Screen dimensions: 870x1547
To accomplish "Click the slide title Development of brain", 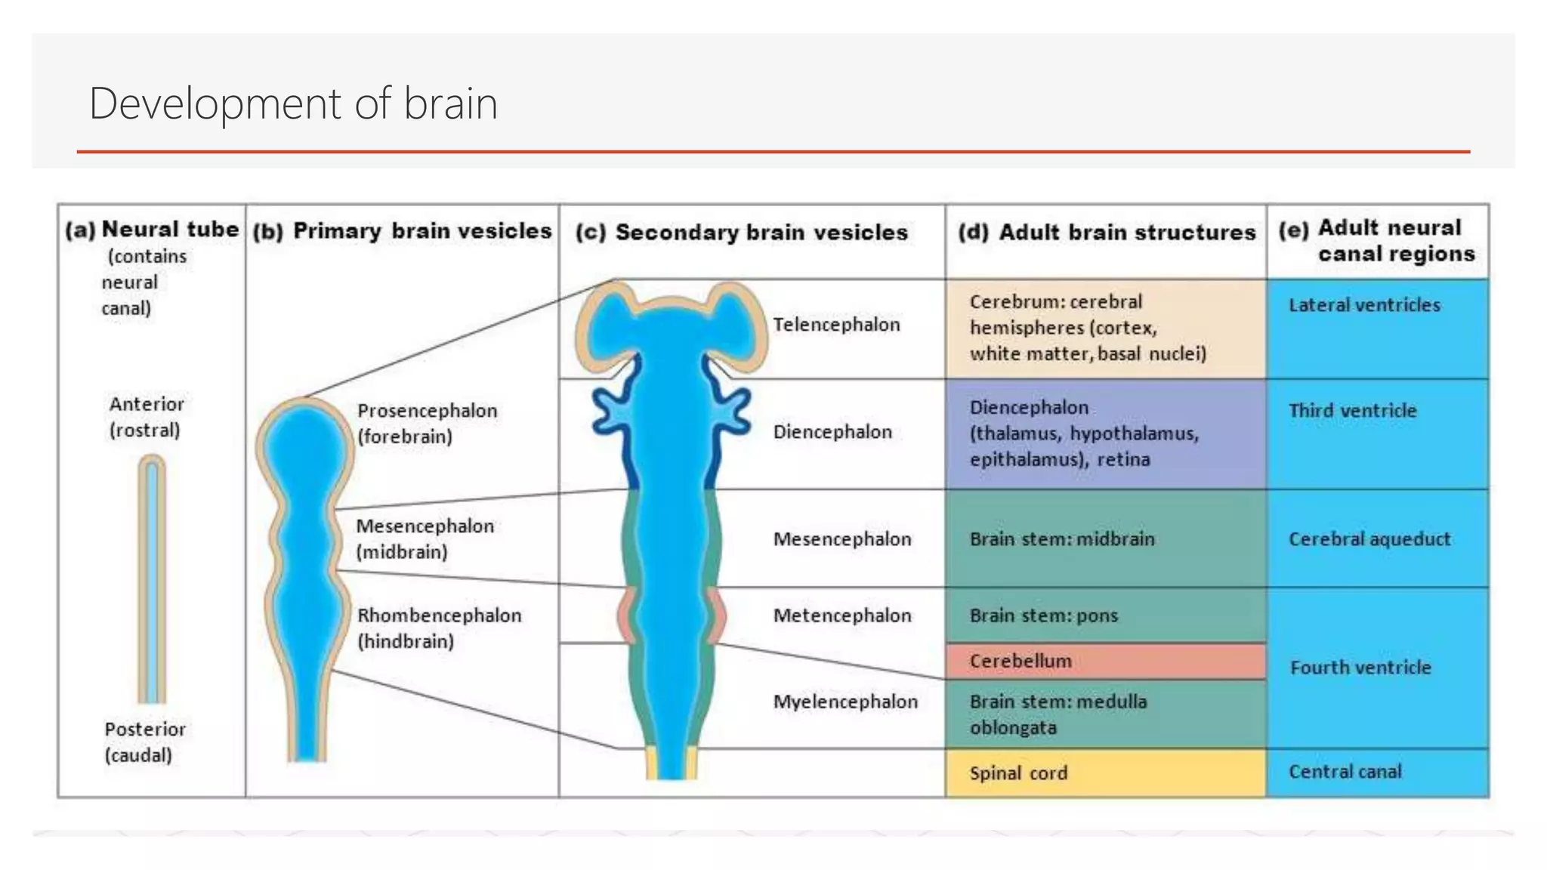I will pyautogui.click(x=293, y=103).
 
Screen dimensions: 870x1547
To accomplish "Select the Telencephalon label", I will pyautogui.click(x=836, y=325).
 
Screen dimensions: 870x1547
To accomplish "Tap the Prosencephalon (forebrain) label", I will pyautogui.click(x=427, y=424).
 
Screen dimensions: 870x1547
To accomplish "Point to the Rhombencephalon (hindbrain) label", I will pyautogui.click(x=439, y=628).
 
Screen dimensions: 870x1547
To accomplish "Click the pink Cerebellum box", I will pyautogui.click(x=1105, y=662).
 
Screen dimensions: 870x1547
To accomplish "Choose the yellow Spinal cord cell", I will pyautogui.click(x=1105, y=773).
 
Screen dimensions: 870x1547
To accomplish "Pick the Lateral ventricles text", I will pyautogui.click(x=1364, y=305).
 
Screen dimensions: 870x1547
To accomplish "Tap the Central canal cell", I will pyautogui.click(x=1345, y=772).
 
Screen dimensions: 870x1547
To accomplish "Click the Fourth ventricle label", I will pyautogui.click(x=1360, y=668).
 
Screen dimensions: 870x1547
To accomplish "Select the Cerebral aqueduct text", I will pyautogui.click(x=1369, y=539).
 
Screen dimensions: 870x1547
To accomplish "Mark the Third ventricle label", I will pyautogui.click(x=1352, y=411).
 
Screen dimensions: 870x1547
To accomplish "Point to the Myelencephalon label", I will pyautogui.click(x=845, y=702).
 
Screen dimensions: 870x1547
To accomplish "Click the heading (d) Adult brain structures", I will pyautogui.click(x=1107, y=233).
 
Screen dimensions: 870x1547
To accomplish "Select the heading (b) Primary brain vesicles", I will pyautogui.click(x=403, y=231).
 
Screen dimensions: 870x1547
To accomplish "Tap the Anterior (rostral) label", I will pyautogui.click(x=146, y=417).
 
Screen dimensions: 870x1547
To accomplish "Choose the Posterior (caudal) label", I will pyautogui.click(x=144, y=742).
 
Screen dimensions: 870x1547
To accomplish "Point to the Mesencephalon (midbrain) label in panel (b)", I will pyautogui.click(x=425, y=538).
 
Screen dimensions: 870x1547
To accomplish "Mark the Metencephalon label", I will pyautogui.click(x=842, y=615).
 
